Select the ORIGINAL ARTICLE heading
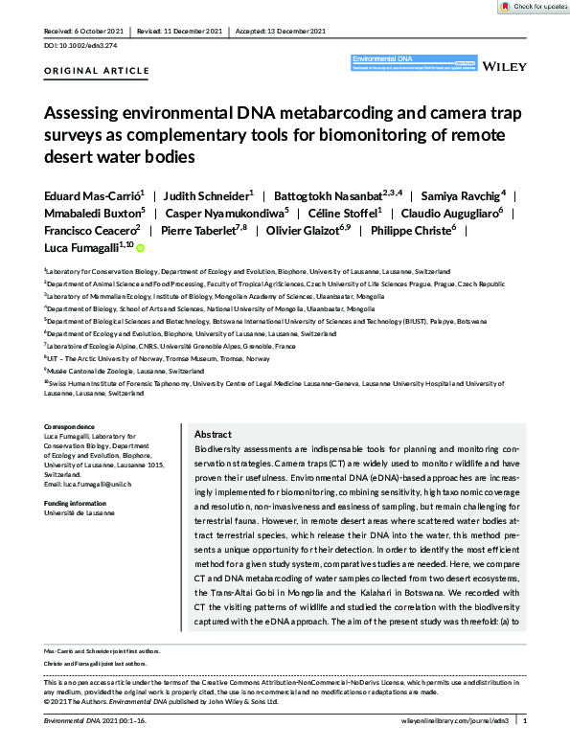click(x=97, y=71)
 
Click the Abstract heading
click(x=212, y=434)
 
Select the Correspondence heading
click(x=70, y=425)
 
